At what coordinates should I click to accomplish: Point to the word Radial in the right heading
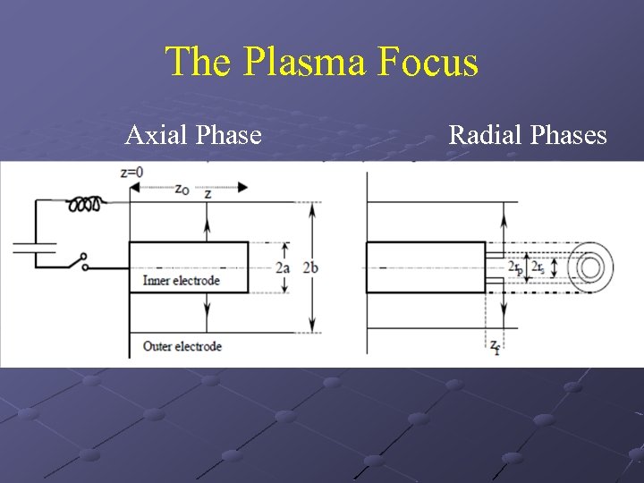click(486, 135)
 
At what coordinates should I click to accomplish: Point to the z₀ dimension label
click(182, 190)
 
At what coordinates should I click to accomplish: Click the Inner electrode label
click(182, 281)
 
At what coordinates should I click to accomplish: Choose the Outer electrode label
click(182, 346)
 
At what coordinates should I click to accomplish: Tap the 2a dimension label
click(283, 267)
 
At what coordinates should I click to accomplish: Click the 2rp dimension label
click(514, 267)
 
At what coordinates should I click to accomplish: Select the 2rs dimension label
click(538, 267)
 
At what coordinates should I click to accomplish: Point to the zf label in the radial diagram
click(494, 346)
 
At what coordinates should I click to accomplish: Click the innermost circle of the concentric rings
click(589, 267)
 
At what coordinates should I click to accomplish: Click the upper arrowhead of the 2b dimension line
click(311, 208)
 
